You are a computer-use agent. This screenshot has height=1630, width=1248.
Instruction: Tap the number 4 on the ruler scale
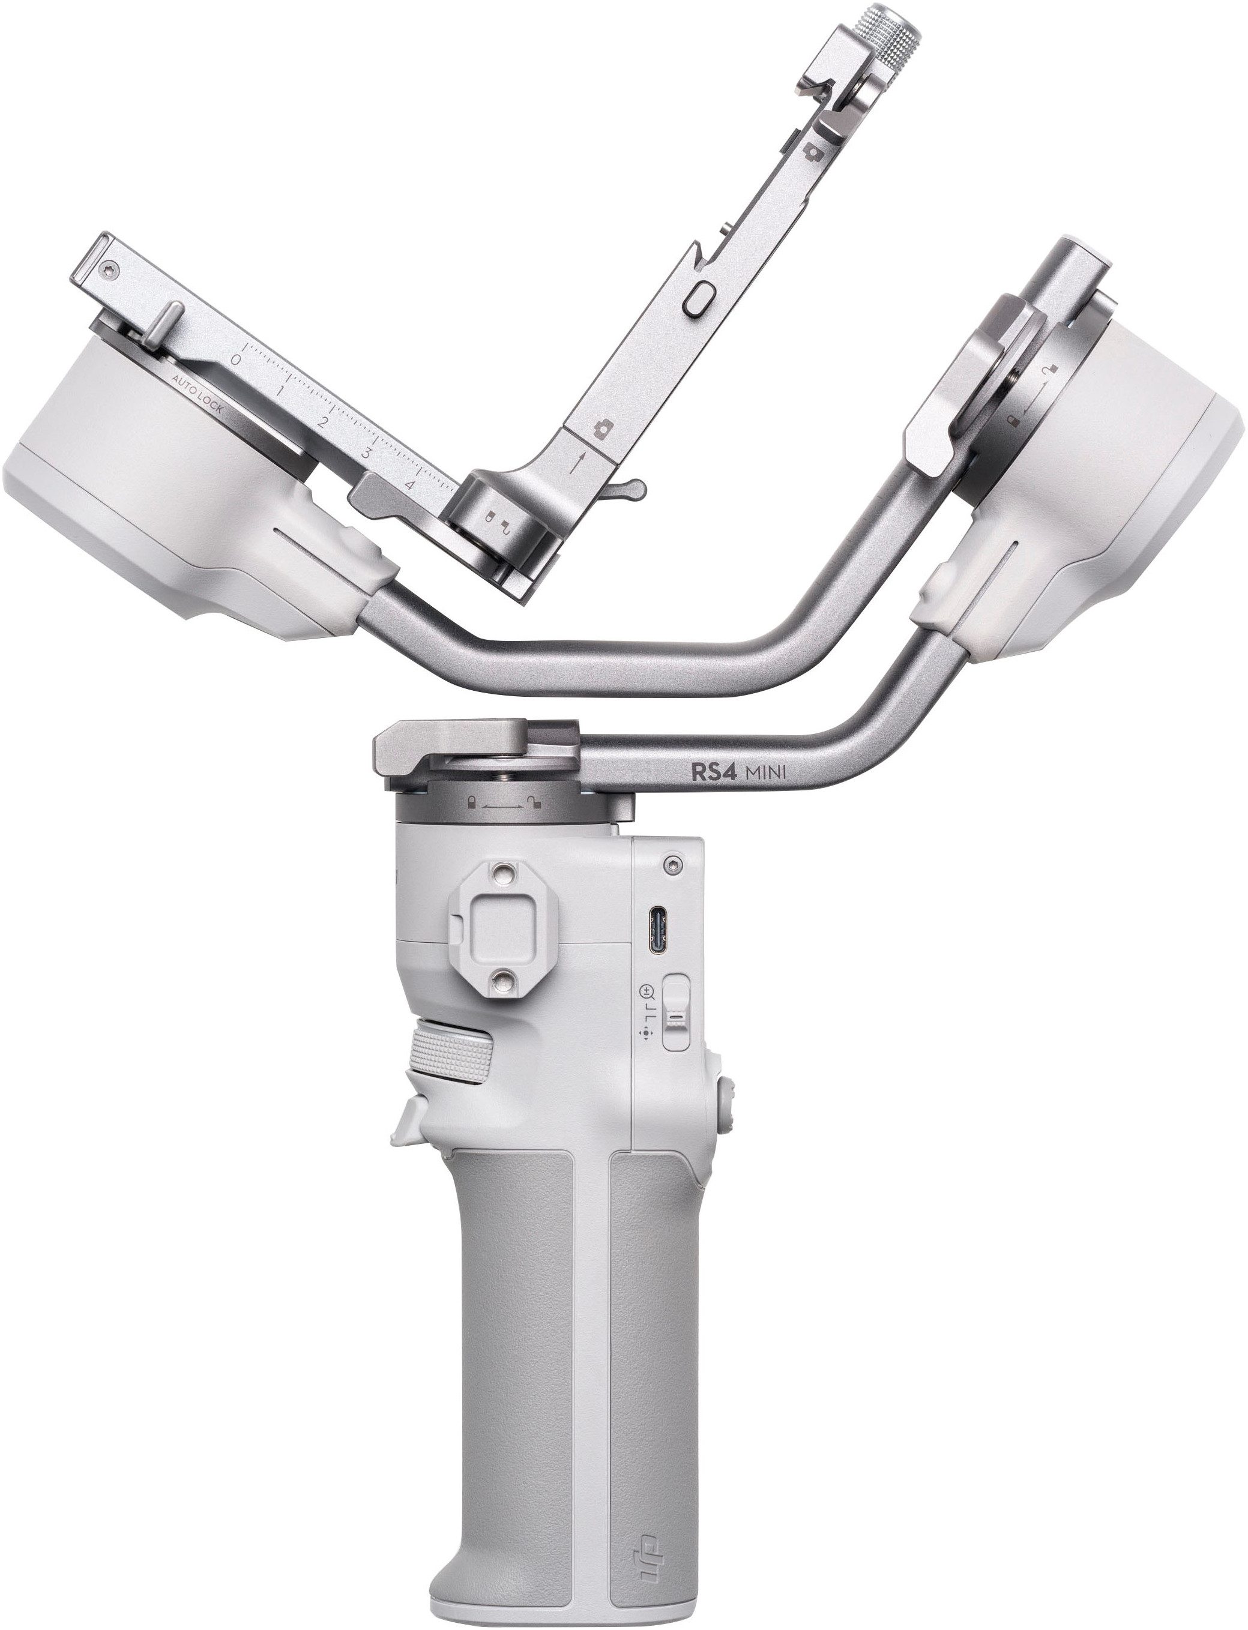409,485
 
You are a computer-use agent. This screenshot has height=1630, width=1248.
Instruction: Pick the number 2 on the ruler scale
322,423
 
